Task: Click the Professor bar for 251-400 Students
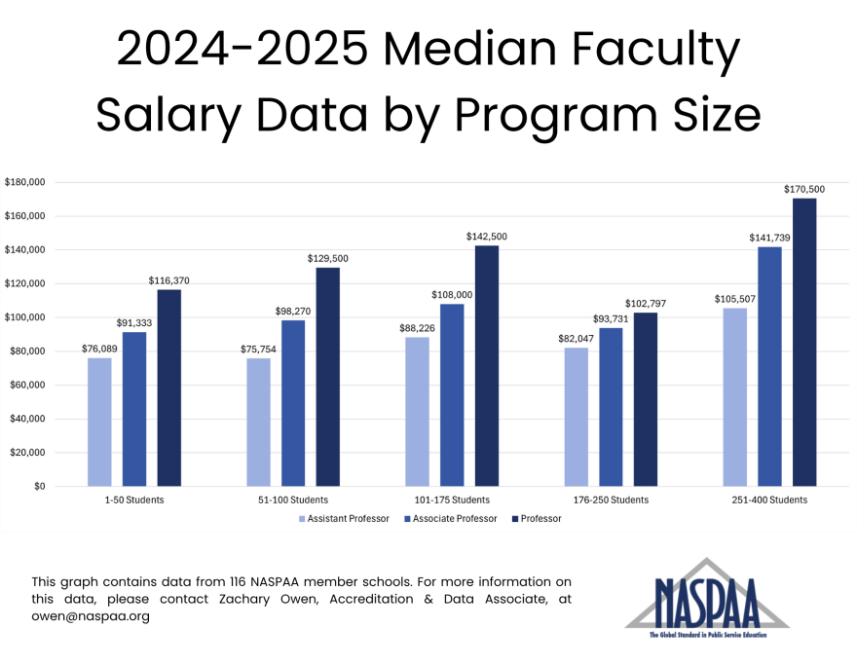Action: pyautogui.click(x=804, y=342)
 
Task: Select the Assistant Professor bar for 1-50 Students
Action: pyautogui.click(x=99, y=422)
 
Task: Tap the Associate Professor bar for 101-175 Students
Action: pyautogui.click(x=452, y=394)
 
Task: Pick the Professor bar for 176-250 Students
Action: pyautogui.click(x=646, y=399)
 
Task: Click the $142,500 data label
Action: pyautogui.click(x=487, y=237)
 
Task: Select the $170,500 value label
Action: pyautogui.click(x=804, y=189)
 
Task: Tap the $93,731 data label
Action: pyautogui.click(x=611, y=319)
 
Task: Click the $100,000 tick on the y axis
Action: pyautogui.click(x=25, y=317)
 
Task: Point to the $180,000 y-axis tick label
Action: pyautogui.click(x=25, y=182)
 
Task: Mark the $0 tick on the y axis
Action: pyautogui.click(x=38, y=486)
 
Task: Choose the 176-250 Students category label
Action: pyautogui.click(x=611, y=499)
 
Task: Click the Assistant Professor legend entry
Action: pyautogui.click(x=348, y=519)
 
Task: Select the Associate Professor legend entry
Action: pyautogui.click(x=454, y=519)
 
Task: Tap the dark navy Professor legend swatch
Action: pyautogui.click(x=515, y=519)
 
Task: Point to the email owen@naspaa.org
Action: pyautogui.click(x=91, y=616)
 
